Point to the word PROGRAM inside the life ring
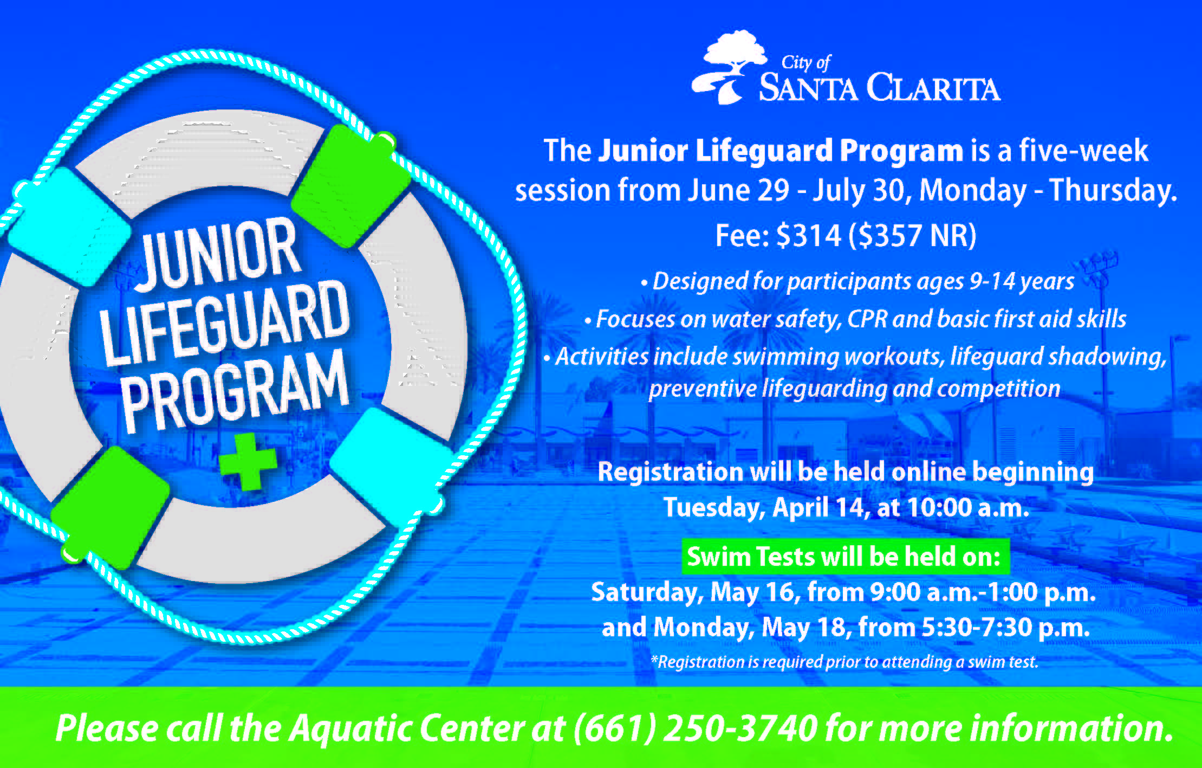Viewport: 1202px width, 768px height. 234,391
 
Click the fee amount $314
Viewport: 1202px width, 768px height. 809,235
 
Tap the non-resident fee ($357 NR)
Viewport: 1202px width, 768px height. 913,236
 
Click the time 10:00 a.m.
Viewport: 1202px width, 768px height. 967,508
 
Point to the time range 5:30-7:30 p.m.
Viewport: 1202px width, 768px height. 1005,628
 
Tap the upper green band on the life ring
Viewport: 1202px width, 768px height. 350,186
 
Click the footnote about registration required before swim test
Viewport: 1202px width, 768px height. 844,662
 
